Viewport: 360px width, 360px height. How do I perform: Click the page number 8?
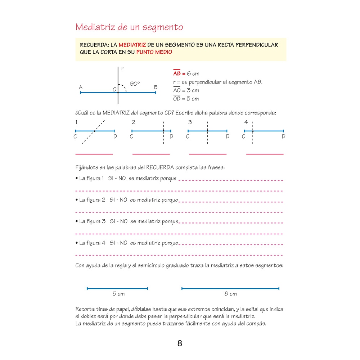pos(180,343)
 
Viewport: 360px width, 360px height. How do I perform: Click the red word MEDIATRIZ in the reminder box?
pos(132,45)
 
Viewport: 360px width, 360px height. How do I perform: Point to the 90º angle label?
pos(134,84)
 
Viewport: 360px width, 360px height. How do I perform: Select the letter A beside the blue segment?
pos(81,87)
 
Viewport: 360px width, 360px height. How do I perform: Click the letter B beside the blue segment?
pos(156,87)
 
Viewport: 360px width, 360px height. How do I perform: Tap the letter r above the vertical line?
pos(122,68)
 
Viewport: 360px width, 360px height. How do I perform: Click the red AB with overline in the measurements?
pos(177,73)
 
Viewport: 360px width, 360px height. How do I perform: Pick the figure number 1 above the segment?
pos(76,122)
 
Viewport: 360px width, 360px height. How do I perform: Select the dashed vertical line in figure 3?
pos(207,139)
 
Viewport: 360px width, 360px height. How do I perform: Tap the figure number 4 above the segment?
pos(246,122)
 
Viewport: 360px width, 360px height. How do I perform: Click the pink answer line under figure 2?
pos(151,154)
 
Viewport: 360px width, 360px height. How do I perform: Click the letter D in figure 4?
pos(283,136)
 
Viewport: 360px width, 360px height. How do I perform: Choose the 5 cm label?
pos(118,294)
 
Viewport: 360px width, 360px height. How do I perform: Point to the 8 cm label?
pos(230,294)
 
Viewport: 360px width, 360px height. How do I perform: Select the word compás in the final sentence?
pos(256,323)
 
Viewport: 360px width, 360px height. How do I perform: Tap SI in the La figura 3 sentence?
pos(112,221)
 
